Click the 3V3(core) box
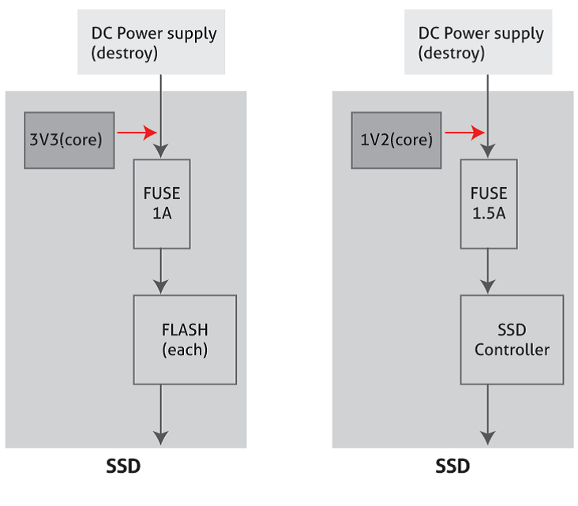69,140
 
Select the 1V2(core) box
396,140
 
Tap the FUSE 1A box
161,204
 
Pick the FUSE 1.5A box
489,204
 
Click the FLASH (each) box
185,339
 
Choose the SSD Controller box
512,339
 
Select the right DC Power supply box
481,43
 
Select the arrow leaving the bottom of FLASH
161,414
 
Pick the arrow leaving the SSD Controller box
489,414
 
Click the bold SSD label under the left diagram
123,467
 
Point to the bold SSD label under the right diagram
452,467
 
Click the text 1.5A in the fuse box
489,213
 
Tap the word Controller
512,350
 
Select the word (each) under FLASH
185,350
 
